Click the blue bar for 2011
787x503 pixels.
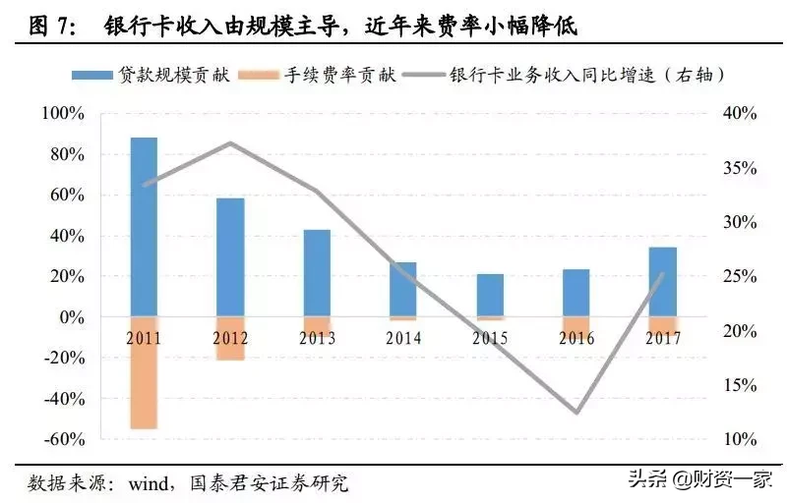144,227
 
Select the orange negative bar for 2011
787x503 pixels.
144,373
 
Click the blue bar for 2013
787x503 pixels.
317,273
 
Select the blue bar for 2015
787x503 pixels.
490,296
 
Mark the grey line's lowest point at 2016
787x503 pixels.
576,413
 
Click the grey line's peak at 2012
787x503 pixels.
230,143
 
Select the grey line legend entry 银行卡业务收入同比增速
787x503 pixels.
590,74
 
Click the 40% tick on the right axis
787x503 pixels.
736,114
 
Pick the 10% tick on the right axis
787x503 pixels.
736,439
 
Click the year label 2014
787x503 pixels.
403,338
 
